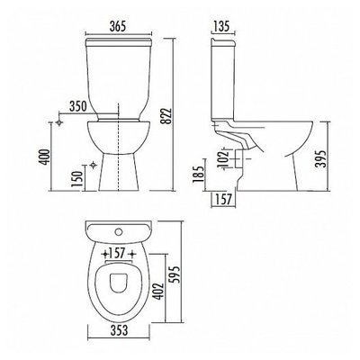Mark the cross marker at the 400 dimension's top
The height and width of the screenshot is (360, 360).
pyautogui.click(x=58, y=119)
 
